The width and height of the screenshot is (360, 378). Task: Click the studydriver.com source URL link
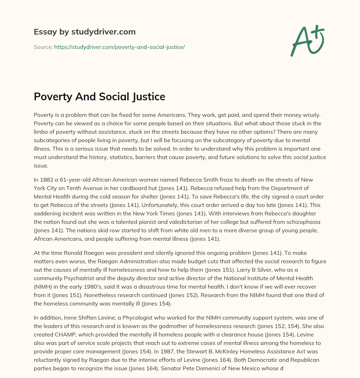tap(120, 47)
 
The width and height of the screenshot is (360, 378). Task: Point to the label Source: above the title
tap(43, 47)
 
